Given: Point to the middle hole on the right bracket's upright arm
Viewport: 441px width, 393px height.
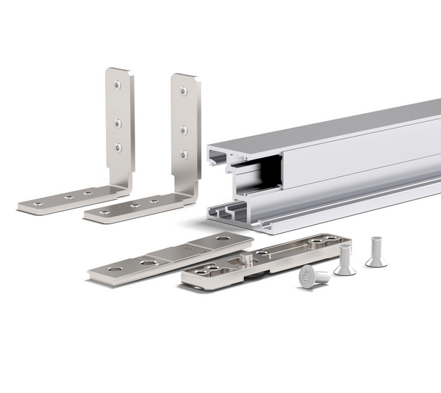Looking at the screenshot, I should (x=184, y=130).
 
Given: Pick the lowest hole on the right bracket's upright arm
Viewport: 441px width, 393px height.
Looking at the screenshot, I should (x=184, y=155).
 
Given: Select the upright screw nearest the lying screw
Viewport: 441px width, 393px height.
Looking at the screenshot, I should (x=344, y=261).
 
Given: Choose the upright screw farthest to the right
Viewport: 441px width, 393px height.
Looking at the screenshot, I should (x=376, y=251).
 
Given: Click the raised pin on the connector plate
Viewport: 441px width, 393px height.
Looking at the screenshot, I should (x=248, y=258).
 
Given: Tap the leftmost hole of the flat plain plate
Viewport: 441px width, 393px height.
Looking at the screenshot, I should (x=115, y=270).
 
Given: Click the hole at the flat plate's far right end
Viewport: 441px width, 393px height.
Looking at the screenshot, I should (x=222, y=239).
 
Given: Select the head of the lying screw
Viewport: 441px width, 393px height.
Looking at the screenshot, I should (x=305, y=277).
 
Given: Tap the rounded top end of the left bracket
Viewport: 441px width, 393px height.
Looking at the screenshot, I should (x=119, y=71).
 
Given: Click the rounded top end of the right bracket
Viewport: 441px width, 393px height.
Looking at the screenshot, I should (x=186, y=76).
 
